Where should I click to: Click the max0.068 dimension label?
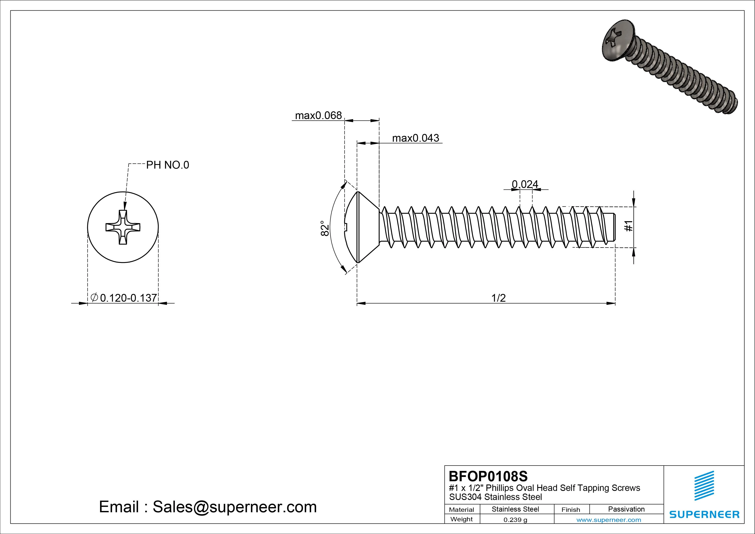point(318,115)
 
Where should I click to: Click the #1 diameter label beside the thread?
point(628,226)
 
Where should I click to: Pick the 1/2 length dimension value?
point(498,298)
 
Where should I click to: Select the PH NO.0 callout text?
point(167,165)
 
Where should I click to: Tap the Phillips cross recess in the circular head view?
point(123,227)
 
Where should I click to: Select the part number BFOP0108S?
point(488,476)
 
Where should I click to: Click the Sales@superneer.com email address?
point(234,507)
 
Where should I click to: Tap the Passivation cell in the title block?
point(626,509)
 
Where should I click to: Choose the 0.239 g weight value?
point(515,520)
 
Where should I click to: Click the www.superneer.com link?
point(609,520)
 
